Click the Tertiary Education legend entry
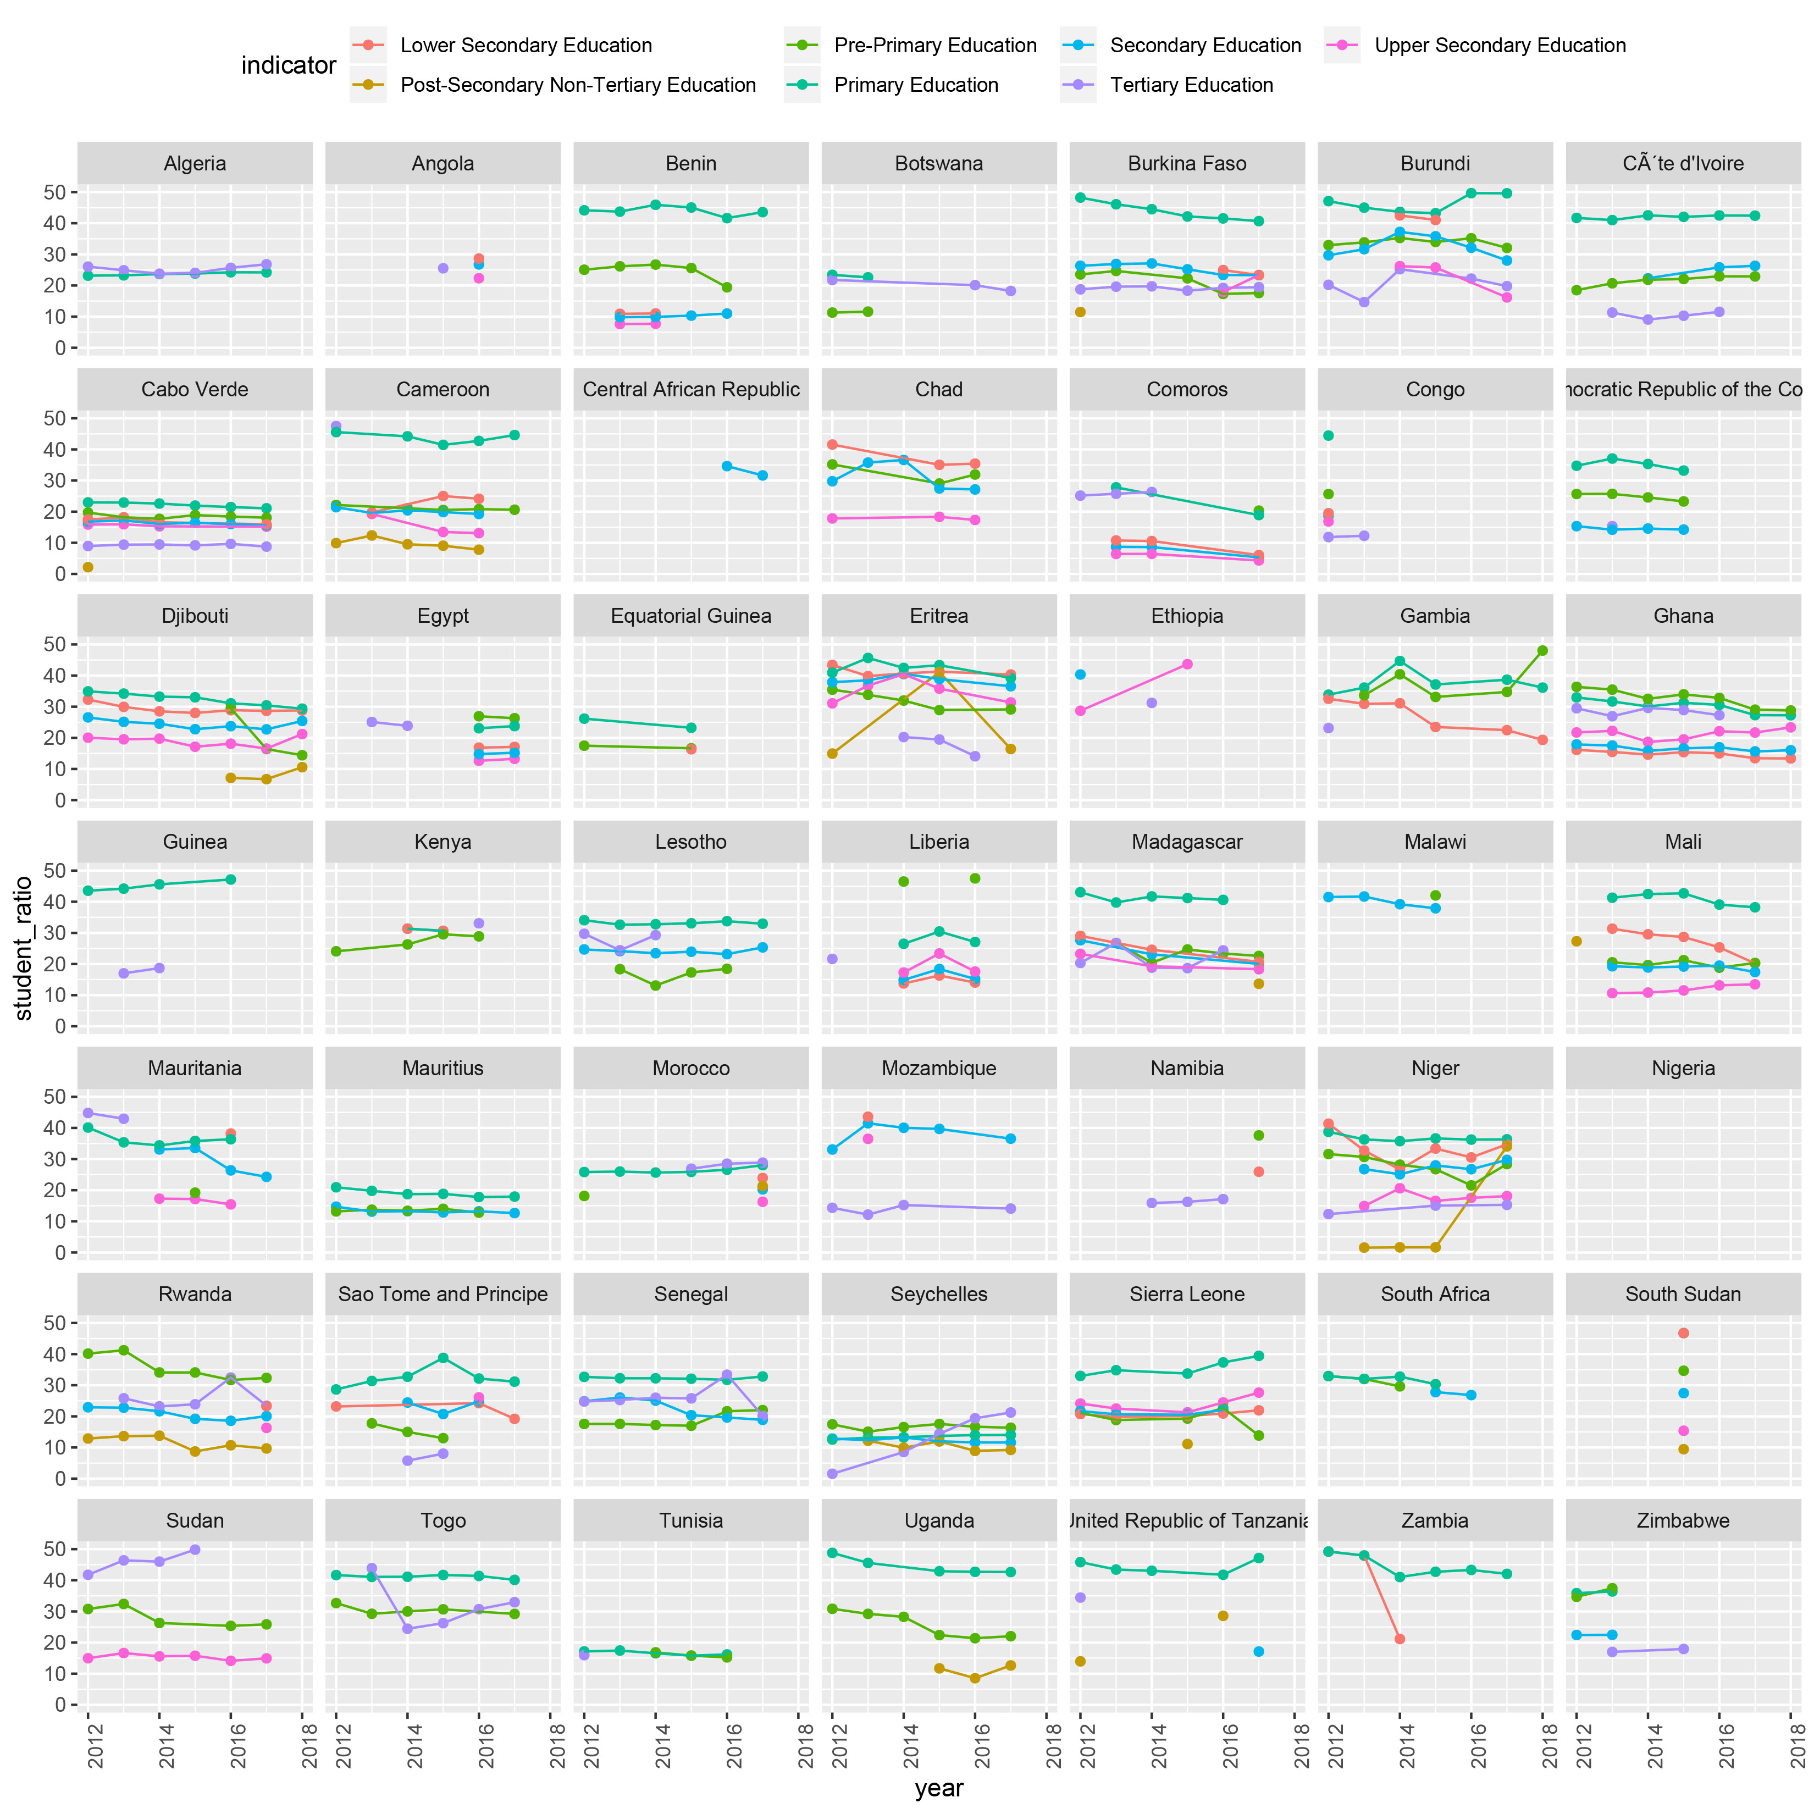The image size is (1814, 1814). coord(1191,85)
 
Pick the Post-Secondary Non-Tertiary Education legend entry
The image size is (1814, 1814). coord(577,85)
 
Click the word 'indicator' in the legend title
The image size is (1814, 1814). coord(288,66)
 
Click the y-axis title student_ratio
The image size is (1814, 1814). coord(24,948)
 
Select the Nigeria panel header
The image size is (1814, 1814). coord(1683,1069)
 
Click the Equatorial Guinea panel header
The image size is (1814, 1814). coord(691,616)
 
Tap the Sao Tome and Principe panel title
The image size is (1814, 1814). coord(443,1295)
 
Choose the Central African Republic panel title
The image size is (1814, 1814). coord(691,390)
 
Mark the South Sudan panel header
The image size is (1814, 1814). coord(1683,1295)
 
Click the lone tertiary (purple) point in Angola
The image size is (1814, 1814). coord(443,269)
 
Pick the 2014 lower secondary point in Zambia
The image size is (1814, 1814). coord(1399,1639)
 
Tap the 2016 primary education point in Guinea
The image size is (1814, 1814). coord(231,880)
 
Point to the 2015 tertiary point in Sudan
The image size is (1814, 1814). coord(195,1549)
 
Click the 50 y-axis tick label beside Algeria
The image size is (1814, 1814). coord(54,192)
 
